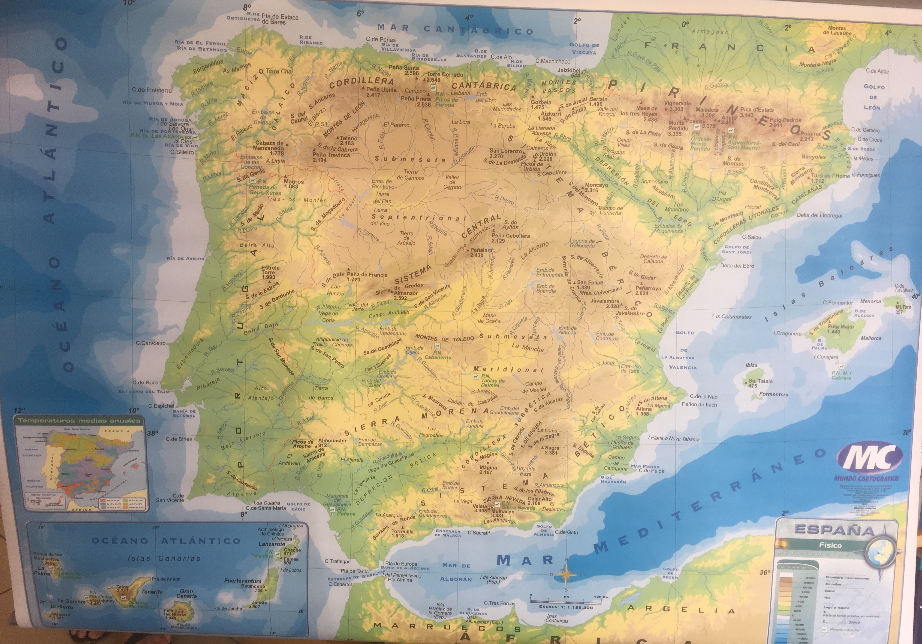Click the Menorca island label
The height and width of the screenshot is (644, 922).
click(870, 301)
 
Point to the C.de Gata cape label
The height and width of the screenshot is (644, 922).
click(566, 532)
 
